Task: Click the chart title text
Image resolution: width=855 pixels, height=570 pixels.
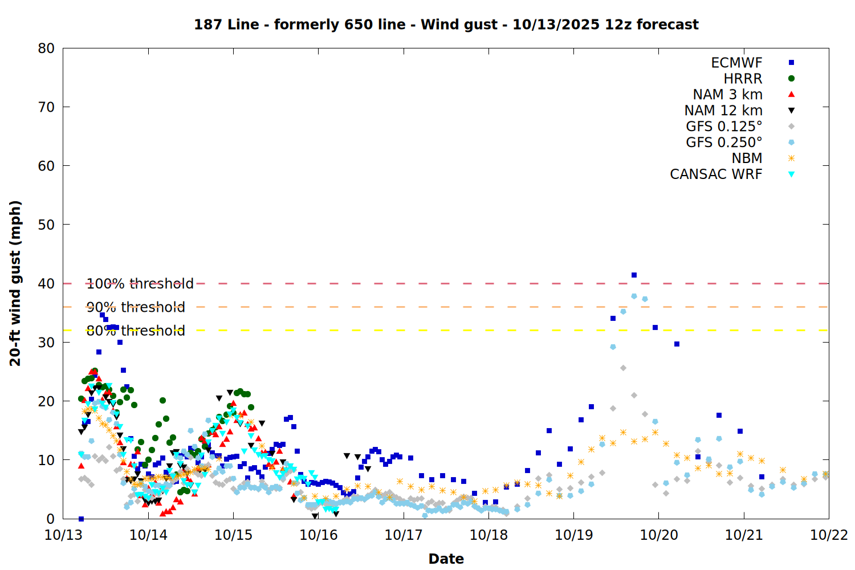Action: [x=446, y=25]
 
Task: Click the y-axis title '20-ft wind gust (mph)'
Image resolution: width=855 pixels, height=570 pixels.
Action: [x=15, y=283]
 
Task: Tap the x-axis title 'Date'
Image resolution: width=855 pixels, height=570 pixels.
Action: [x=446, y=559]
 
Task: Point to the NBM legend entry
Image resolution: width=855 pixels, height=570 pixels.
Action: [x=747, y=158]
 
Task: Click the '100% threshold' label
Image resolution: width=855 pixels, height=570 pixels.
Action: [x=140, y=284]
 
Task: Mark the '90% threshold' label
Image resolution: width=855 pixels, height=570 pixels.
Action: [x=136, y=307]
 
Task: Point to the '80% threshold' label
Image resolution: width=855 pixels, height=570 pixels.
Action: [x=136, y=331]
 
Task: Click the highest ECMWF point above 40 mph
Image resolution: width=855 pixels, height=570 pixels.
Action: [x=634, y=275]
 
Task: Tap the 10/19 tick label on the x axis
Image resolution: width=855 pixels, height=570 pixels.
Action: [x=573, y=535]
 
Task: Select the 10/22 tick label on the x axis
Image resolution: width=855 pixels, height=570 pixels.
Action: [x=829, y=535]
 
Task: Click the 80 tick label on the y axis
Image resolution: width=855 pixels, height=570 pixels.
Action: [x=46, y=48]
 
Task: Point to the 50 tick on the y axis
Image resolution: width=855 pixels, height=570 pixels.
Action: [x=46, y=225]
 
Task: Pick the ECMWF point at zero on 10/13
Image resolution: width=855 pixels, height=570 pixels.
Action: [x=81, y=519]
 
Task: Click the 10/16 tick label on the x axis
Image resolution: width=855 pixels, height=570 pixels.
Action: [x=319, y=535]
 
